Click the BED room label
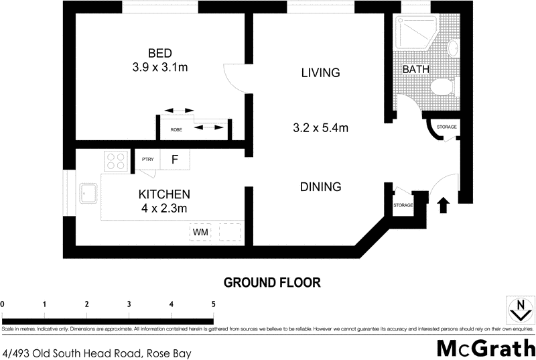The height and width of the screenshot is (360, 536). [160, 54]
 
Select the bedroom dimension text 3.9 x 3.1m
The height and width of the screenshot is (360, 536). [160, 67]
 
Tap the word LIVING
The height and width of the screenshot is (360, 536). [321, 72]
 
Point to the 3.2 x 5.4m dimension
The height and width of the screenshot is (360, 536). [320, 127]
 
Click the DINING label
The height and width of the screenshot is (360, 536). [321, 187]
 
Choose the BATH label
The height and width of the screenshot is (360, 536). [415, 69]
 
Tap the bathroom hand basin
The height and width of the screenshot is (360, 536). [452, 48]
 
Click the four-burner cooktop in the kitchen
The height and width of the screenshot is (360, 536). [117, 161]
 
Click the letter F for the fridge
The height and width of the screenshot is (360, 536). [175, 160]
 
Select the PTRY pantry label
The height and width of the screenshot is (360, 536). [148, 160]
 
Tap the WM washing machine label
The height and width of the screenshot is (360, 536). [200, 232]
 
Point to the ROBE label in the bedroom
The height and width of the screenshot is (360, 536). [176, 130]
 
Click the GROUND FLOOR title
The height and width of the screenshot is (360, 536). [272, 282]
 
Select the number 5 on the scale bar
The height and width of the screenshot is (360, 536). [214, 304]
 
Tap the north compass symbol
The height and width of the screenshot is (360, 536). [518, 310]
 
